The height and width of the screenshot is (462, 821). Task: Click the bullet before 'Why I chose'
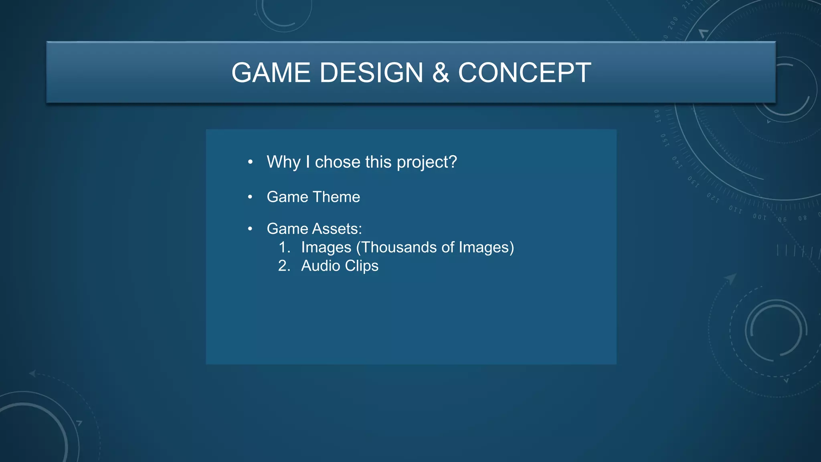pyautogui.click(x=250, y=162)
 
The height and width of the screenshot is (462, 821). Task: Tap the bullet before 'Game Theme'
pyautogui.click(x=250, y=197)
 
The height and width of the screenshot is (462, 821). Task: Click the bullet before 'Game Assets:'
pyautogui.click(x=250, y=229)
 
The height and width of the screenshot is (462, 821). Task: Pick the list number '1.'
pyautogui.click(x=284, y=247)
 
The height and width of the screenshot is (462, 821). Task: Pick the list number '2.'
pyautogui.click(x=284, y=265)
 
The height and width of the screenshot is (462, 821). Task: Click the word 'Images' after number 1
pyautogui.click(x=326, y=247)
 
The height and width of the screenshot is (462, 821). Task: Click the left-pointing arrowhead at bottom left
pyautogui.click(x=32, y=373)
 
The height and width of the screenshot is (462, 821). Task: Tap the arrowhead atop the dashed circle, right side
pyautogui.click(x=731, y=278)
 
